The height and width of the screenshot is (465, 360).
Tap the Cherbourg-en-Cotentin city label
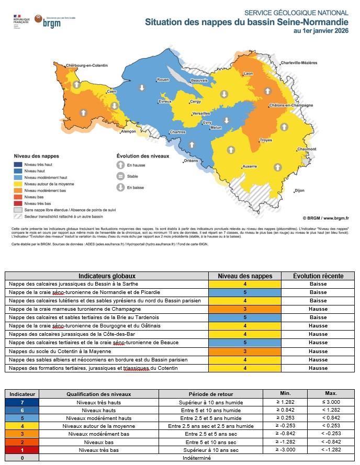click(87, 65)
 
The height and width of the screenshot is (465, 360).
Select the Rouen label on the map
click(163, 80)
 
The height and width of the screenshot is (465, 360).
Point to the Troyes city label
click(266, 140)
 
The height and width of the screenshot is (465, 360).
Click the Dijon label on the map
click(299, 190)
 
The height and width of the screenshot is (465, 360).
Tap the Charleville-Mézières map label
click(299, 63)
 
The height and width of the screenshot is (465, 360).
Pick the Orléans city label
click(191, 161)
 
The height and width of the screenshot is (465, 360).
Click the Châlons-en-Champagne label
click(287, 106)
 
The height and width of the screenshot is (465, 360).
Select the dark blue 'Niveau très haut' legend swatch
click(18, 165)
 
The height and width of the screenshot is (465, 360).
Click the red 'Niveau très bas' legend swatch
click(18, 203)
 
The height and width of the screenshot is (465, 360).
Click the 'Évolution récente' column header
click(318, 276)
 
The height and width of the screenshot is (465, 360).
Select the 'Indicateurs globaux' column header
click(107, 276)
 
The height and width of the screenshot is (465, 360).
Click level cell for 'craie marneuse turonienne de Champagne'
click(244, 309)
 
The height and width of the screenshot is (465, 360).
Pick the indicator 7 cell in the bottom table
click(21, 402)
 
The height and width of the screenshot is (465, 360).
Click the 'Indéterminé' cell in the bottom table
click(196, 457)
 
